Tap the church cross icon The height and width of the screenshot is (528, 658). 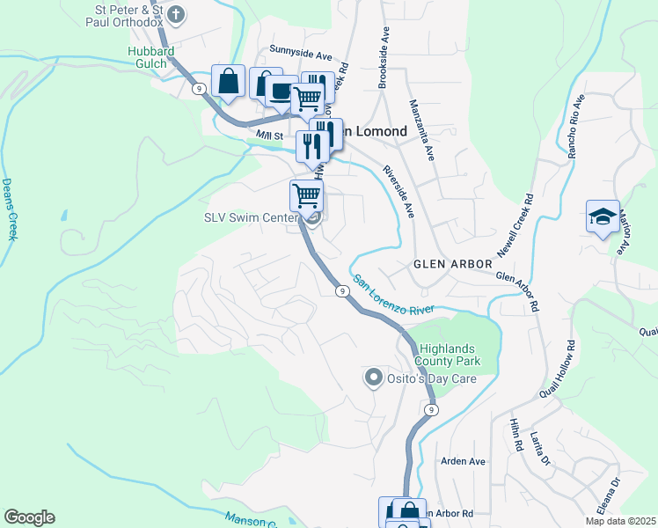click(x=176, y=14)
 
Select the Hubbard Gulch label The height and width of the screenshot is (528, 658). click(x=146, y=59)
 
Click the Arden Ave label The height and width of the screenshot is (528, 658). click(x=463, y=461)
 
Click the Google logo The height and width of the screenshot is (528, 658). click(x=29, y=517)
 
